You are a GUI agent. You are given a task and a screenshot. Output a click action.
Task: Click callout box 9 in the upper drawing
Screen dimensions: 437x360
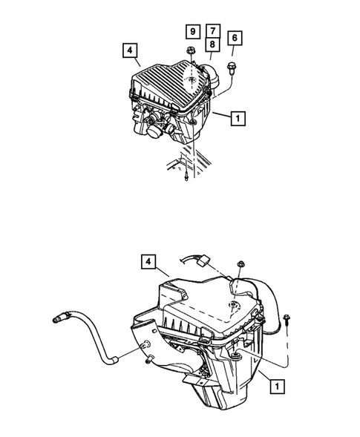point(192,31)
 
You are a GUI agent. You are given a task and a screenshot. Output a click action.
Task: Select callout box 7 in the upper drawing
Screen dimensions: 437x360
point(213,31)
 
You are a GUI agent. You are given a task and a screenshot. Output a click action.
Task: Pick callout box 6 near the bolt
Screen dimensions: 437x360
point(235,37)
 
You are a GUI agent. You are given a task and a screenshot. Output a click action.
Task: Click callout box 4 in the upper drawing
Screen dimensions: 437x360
point(130,50)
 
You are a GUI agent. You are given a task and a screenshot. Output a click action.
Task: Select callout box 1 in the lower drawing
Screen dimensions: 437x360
point(276,386)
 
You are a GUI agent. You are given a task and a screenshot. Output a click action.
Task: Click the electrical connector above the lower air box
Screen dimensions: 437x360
point(200,261)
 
